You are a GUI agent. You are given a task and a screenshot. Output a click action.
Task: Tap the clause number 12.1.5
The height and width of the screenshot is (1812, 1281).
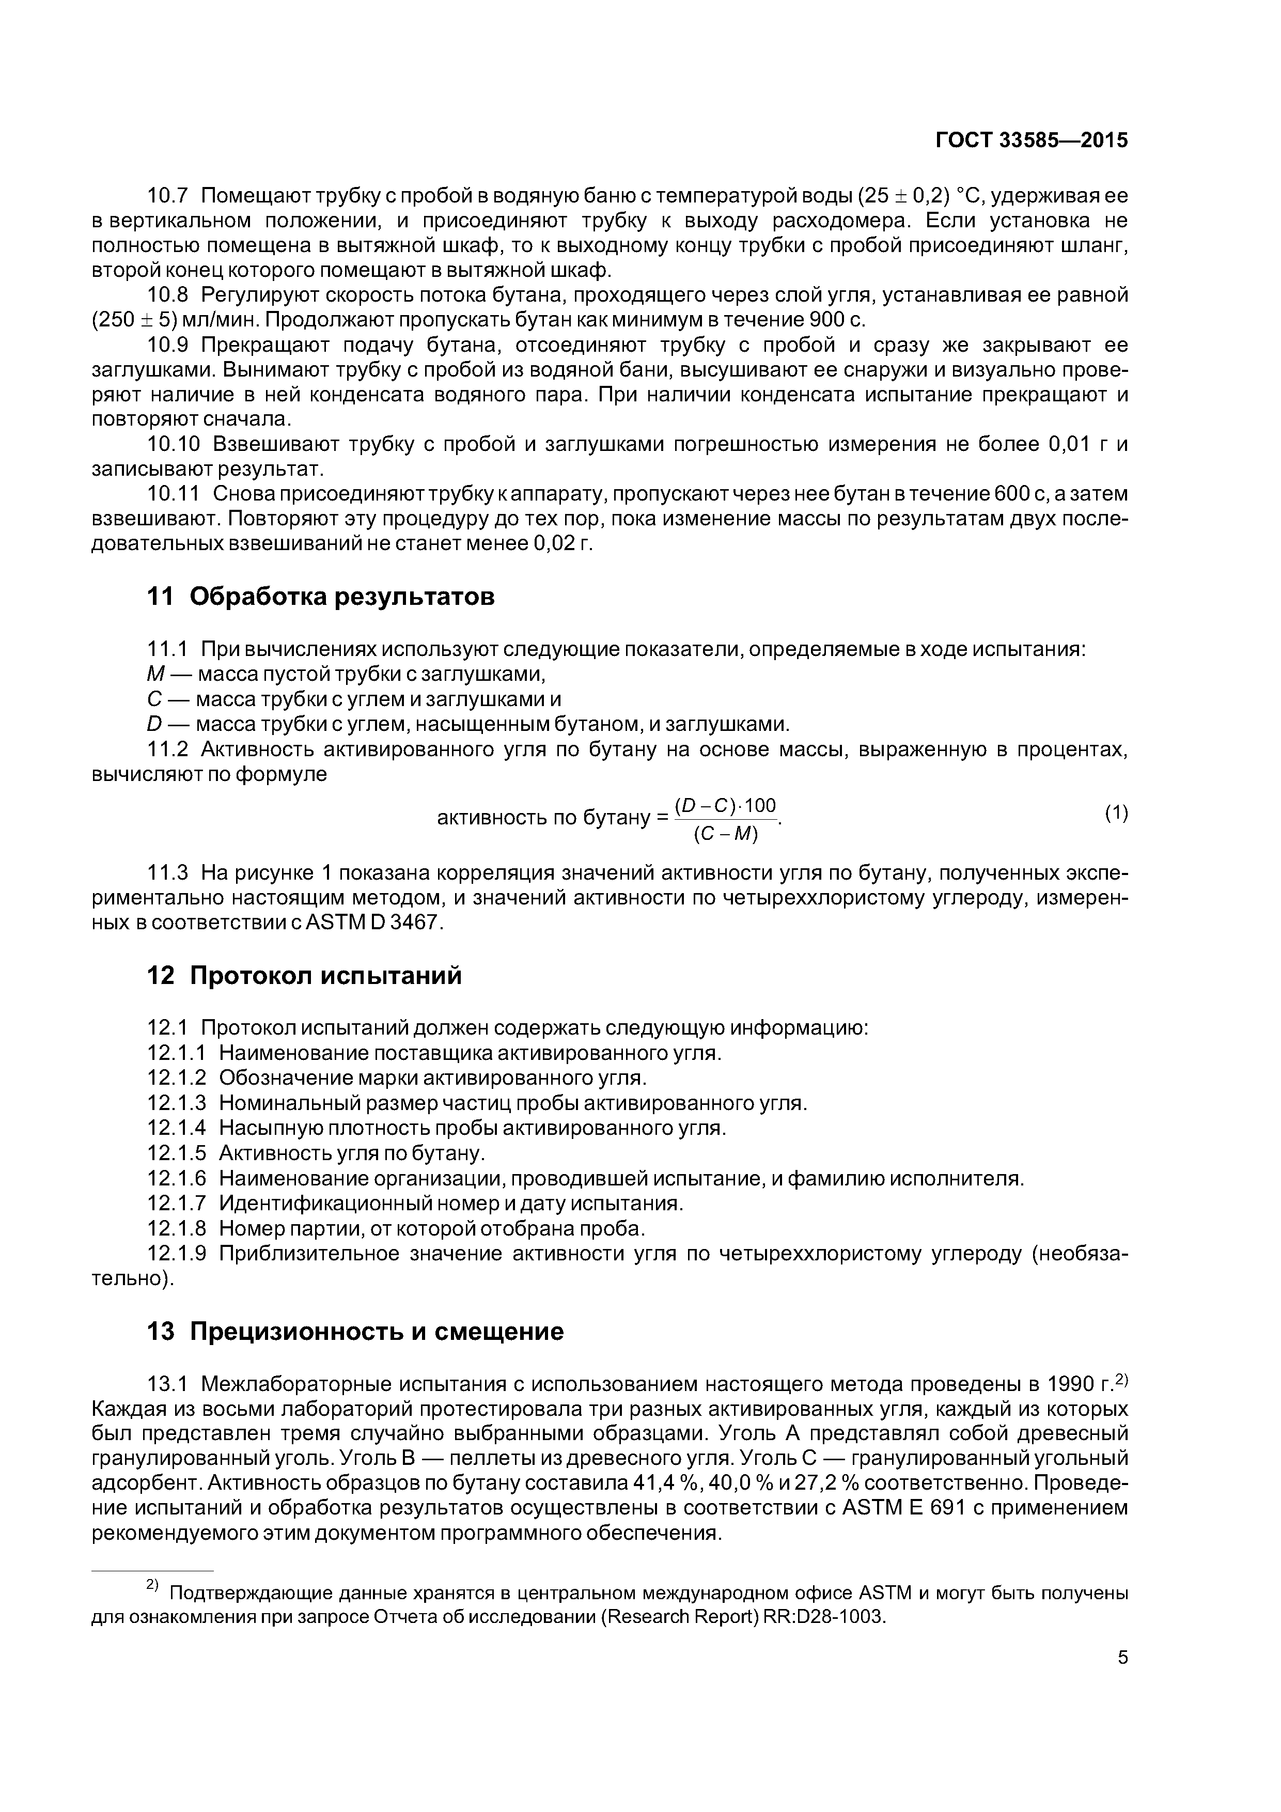[177, 1153]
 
